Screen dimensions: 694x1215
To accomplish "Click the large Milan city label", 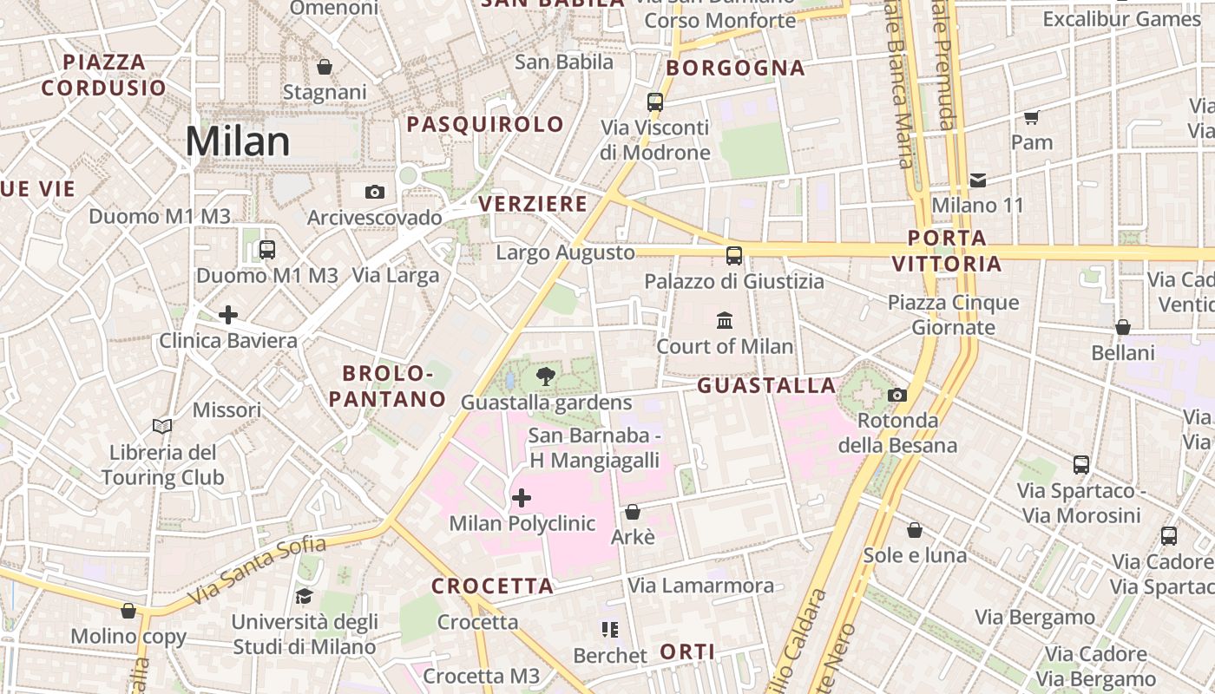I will coord(237,141).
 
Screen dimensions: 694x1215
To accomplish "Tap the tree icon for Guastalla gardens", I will coord(545,376).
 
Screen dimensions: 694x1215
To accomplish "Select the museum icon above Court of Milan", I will coord(725,321).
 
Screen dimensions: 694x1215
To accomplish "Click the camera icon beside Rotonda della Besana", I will coord(897,396).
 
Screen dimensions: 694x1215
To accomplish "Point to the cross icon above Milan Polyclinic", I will coord(522,498).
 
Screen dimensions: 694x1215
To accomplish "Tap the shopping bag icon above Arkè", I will coord(633,512).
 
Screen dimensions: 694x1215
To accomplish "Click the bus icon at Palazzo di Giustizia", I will coord(734,255).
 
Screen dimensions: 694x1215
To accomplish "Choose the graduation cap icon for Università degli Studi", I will coord(304,596).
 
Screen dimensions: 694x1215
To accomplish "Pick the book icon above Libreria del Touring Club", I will coord(162,426).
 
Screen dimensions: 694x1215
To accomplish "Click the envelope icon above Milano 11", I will coord(978,180).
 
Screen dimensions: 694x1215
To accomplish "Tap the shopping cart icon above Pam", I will coord(1031,117).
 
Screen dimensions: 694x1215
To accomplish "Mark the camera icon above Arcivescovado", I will coord(375,192).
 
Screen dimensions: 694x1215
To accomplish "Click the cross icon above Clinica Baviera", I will coord(228,314).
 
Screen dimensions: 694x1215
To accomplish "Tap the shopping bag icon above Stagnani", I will coord(325,67).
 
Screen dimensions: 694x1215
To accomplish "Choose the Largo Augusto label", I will coord(565,252).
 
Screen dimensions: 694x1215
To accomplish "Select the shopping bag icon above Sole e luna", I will coord(915,529).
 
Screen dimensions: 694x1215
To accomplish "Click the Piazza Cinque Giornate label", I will coord(953,315).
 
